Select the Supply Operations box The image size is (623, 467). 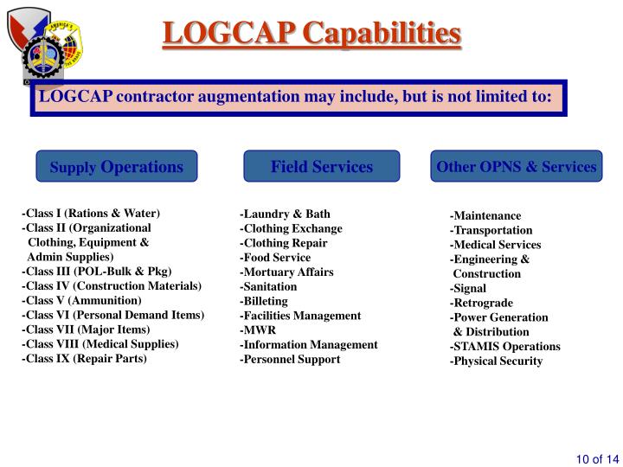(x=117, y=166)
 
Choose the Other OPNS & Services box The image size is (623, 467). (x=517, y=166)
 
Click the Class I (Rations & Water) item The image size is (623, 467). (x=91, y=213)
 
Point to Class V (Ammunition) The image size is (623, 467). (x=81, y=300)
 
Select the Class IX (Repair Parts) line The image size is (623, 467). (x=84, y=358)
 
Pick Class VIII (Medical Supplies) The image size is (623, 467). (x=100, y=343)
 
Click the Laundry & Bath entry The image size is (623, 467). (x=285, y=214)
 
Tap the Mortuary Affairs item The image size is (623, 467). (x=286, y=272)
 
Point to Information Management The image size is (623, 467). (x=309, y=344)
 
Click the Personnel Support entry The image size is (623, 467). (x=290, y=359)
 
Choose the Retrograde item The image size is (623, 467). (x=481, y=303)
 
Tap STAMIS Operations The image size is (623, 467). (x=504, y=346)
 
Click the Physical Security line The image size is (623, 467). (x=496, y=361)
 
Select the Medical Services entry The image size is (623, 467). (x=495, y=245)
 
